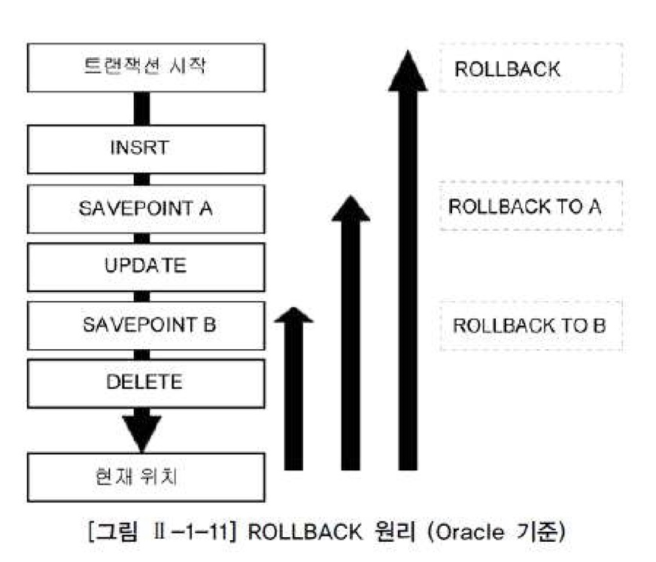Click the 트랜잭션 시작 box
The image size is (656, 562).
145,67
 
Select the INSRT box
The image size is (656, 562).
145,149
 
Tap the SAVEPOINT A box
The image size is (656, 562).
145,208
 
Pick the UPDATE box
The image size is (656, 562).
145,266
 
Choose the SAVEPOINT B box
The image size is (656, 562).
145,325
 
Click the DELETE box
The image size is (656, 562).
145,383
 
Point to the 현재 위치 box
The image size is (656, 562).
145,477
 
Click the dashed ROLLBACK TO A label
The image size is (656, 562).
530,206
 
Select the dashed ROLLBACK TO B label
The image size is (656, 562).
530,326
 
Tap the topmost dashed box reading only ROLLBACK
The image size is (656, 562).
530,68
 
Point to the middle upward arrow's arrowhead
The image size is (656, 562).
351,210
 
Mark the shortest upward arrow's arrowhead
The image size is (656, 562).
293,315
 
